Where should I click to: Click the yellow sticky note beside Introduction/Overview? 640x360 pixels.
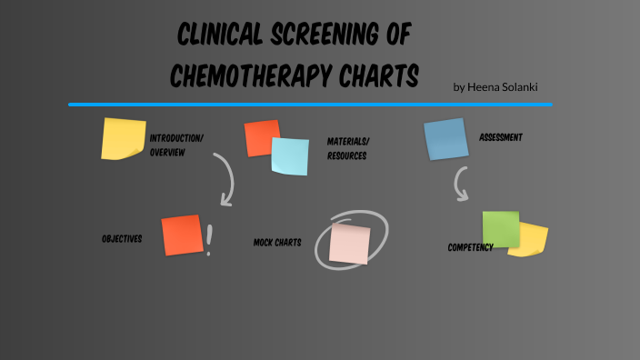(123, 138)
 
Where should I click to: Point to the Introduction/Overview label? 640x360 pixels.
(176, 145)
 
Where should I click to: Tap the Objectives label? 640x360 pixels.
(122, 239)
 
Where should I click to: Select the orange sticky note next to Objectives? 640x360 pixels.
(182, 235)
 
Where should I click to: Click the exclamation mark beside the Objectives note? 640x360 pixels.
(210, 240)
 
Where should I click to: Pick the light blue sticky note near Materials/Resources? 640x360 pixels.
(290, 155)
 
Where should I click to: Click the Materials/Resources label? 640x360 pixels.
(348, 148)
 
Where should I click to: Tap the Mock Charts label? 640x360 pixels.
(277, 243)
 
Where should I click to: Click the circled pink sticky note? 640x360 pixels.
(350, 243)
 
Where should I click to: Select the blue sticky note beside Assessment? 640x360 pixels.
(445, 139)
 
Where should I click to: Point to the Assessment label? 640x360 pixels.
(501, 137)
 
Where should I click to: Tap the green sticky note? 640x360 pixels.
(501, 228)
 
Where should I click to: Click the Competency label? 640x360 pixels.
(470, 247)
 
